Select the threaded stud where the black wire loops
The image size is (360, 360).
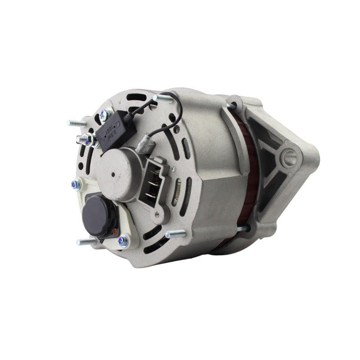point(162,98)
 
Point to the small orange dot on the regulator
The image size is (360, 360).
point(116,233)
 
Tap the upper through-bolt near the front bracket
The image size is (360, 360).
point(233,106)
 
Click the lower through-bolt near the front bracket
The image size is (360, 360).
point(241,229)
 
